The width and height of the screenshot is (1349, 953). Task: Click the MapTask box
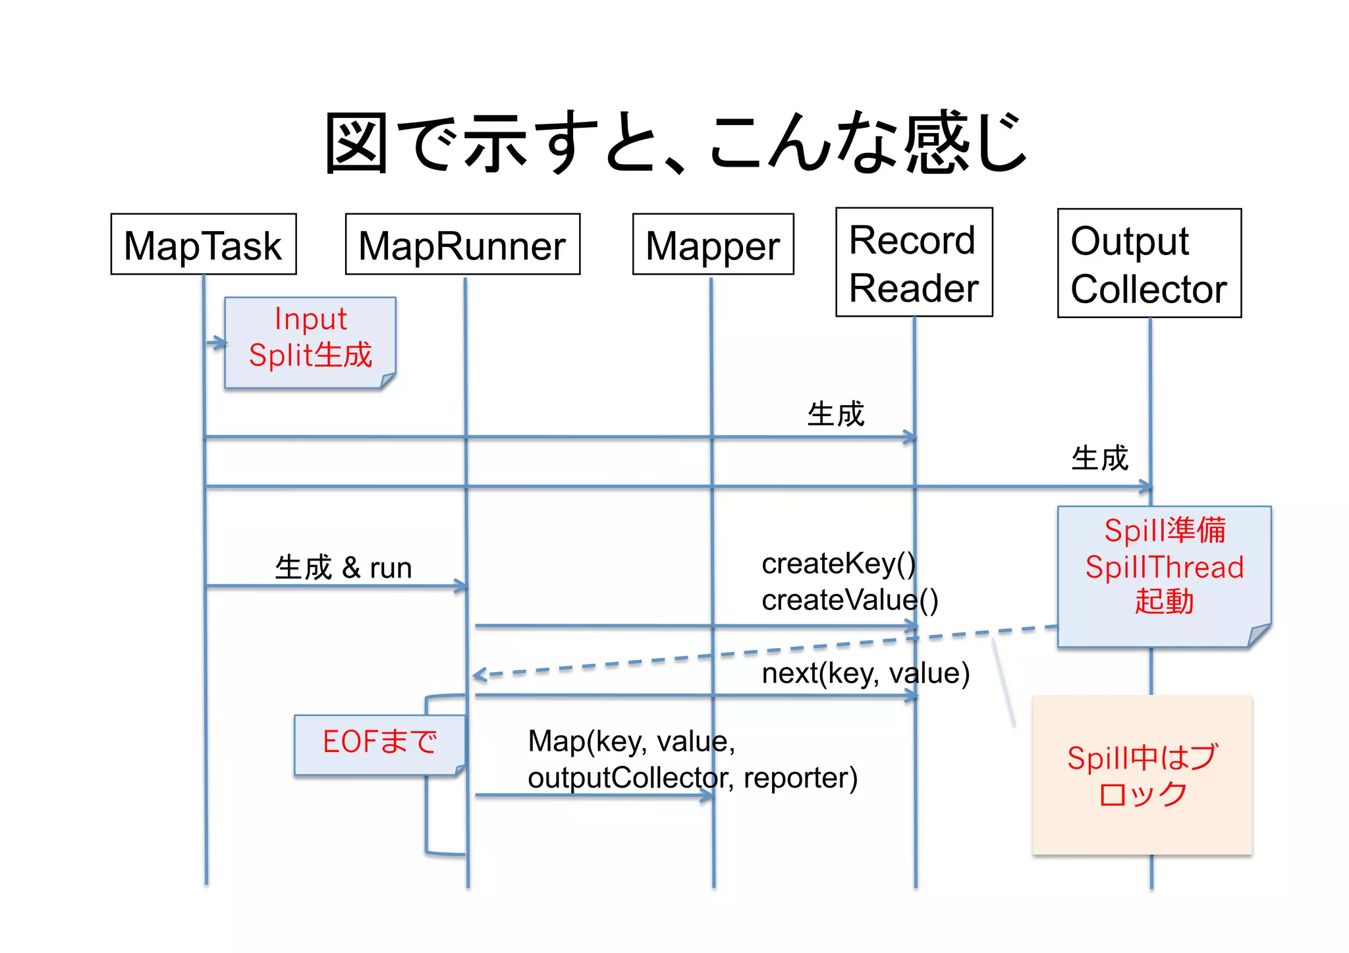tap(204, 244)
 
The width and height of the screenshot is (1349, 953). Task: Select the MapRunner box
tap(462, 244)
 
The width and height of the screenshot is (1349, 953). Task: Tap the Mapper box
tap(713, 244)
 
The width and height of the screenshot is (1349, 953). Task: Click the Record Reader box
tap(914, 263)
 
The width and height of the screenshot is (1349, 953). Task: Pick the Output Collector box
tap(1149, 263)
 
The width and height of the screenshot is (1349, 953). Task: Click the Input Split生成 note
tap(310, 342)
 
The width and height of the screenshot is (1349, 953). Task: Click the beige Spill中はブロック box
tap(1142, 775)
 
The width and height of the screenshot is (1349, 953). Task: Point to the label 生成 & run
tap(343, 568)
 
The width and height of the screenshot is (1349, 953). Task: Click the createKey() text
tap(838, 564)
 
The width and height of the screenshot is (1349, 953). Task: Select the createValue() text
tap(849, 600)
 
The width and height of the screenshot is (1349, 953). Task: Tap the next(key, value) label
tap(865, 674)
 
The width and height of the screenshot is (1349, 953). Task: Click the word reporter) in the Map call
tap(800, 778)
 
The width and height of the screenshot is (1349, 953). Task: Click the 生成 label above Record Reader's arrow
tap(835, 414)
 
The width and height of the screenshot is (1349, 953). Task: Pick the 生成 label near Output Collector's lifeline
tap(1099, 458)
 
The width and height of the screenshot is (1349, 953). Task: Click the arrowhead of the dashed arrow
tap(479, 675)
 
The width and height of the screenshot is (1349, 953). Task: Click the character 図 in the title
tap(356, 143)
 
